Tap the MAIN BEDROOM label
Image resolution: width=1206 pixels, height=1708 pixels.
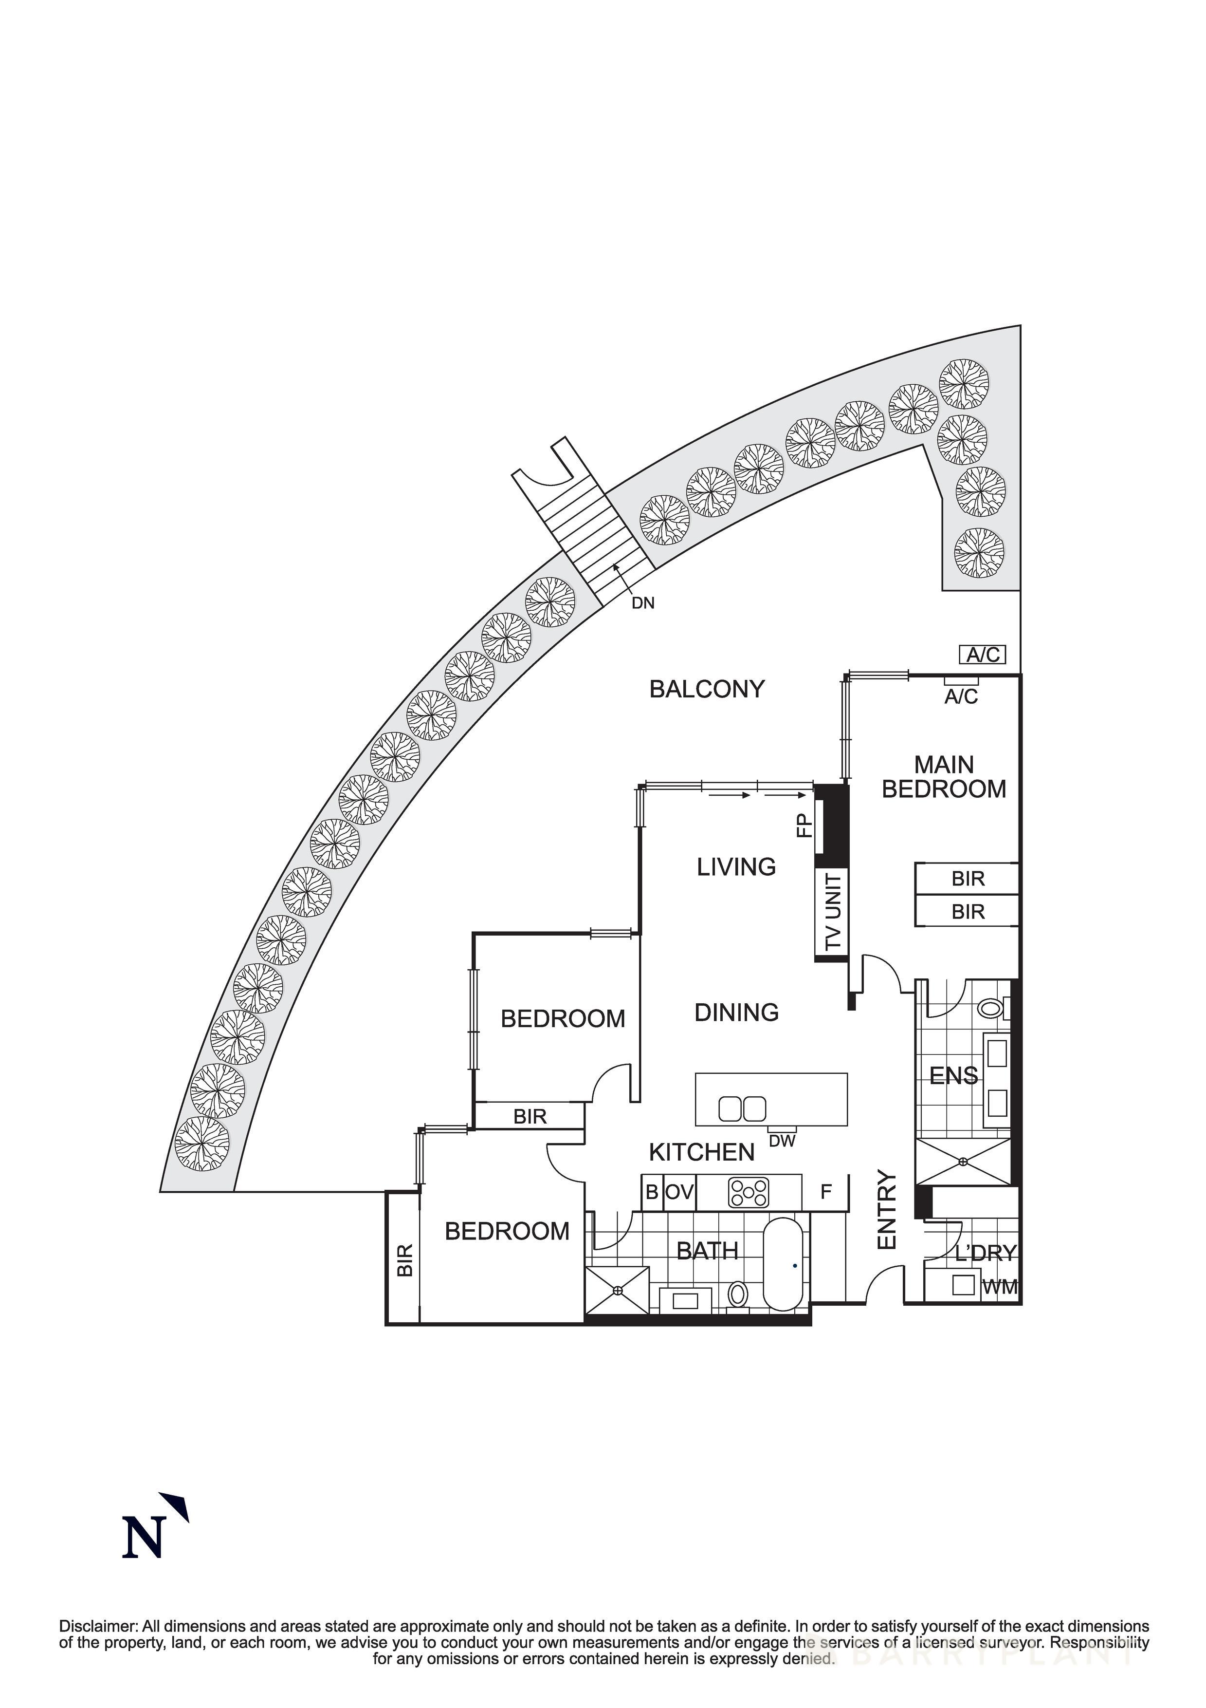944,777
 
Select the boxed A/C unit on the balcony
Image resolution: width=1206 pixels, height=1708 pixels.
983,655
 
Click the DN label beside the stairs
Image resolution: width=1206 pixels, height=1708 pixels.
642,603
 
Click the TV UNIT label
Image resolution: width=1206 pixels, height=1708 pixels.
834,912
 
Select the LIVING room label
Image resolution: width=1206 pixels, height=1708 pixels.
736,866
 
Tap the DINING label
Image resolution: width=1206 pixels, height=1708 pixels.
736,1013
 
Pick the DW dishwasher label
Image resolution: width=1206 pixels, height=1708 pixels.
782,1141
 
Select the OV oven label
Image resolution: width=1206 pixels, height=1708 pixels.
679,1192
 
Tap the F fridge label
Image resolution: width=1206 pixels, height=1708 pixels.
825,1192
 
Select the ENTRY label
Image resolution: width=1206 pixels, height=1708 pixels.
888,1210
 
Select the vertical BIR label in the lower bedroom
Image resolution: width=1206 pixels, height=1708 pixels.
404,1260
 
